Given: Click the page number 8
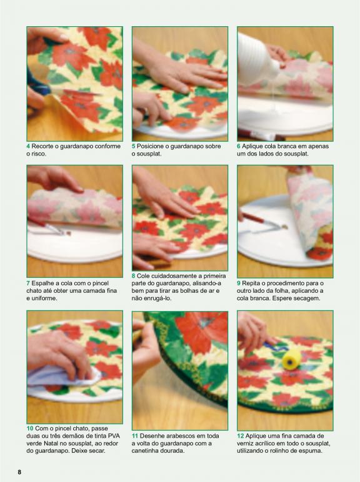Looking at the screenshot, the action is (x=19, y=472).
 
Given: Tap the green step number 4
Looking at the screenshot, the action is (x=28, y=146).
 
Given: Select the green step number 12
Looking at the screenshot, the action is (x=240, y=436).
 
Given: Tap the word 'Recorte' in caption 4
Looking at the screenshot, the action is (x=42, y=146).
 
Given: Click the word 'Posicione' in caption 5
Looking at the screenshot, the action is (x=150, y=146).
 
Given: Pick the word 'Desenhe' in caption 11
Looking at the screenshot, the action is (x=151, y=436).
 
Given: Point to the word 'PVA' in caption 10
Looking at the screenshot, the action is (x=114, y=436).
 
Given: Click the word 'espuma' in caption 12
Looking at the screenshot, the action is (x=311, y=451).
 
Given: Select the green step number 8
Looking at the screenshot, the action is (x=134, y=276).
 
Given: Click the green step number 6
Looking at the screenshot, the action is (x=239, y=146).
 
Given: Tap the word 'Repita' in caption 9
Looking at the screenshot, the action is (x=251, y=283).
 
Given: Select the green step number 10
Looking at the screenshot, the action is (x=30, y=428).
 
